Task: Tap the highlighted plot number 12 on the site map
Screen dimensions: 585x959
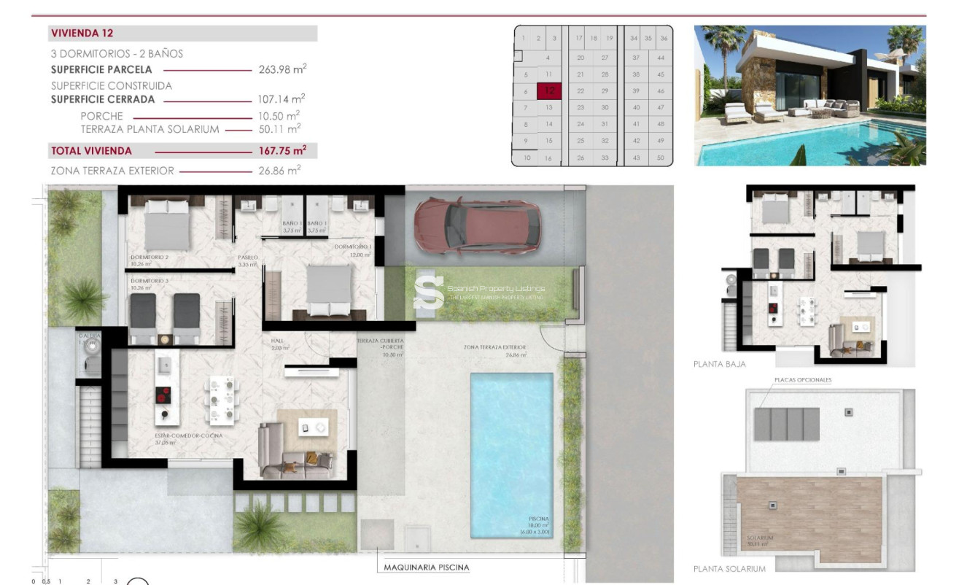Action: coord(549,91)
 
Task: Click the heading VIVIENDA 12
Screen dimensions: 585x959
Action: coord(82,33)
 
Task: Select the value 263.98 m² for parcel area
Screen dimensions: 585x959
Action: coord(282,70)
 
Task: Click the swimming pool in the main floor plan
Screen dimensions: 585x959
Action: coord(511,452)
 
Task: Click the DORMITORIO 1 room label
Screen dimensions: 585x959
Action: coord(353,247)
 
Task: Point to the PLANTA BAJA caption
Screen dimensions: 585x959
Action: coord(719,364)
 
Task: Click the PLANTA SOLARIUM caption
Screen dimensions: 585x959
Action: coord(729,569)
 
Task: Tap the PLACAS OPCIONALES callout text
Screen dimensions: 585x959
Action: coord(801,380)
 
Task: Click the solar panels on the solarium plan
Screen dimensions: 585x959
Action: coord(786,424)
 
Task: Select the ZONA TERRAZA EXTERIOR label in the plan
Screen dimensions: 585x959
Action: coord(494,348)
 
